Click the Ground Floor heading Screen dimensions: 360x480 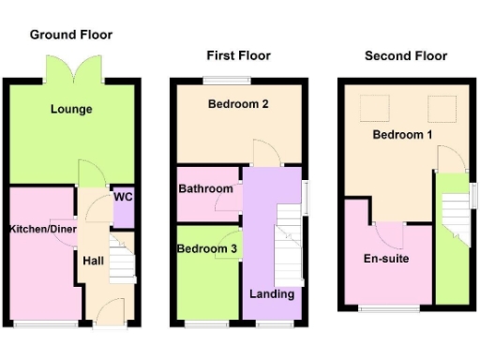[x=71, y=35]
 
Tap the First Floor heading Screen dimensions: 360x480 [x=238, y=56]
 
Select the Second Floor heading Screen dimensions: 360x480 [x=406, y=56]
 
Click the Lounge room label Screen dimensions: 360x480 [x=71, y=110]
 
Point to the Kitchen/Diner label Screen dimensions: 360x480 [x=43, y=230]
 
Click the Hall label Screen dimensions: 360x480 [x=94, y=261]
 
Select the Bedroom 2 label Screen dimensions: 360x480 [x=238, y=104]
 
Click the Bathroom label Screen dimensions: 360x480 [x=206, y=189]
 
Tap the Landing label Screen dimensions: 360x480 [x=272, y=294]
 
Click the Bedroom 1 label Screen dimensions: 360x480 [x=403, y=135]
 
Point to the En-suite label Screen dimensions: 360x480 [x=384, y=258]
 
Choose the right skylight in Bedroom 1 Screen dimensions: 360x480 [x=438, y=106]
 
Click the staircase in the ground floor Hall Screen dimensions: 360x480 [x=123, y=265]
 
